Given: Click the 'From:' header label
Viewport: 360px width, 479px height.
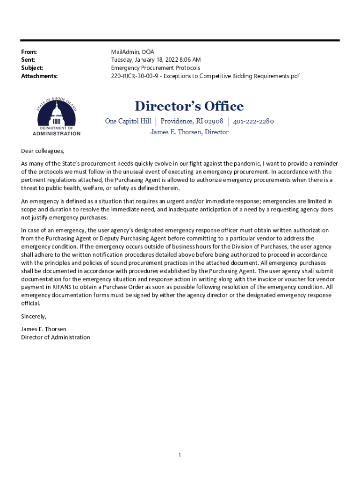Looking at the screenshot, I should (29, 52).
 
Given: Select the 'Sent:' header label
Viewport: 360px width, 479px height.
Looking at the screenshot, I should (28, 60).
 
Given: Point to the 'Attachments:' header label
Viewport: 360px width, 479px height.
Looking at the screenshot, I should (39, 76).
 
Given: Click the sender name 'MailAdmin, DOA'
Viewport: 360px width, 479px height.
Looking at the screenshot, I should (132, 52).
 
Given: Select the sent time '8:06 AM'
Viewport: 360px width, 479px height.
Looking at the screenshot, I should (189, 60).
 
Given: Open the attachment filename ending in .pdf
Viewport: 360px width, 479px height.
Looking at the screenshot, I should (205, 76).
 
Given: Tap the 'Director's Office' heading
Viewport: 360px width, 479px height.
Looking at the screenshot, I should (189, 107).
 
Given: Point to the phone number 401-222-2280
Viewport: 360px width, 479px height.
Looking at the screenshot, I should (253, 122).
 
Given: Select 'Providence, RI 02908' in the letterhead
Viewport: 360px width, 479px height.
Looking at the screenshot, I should (192, 122).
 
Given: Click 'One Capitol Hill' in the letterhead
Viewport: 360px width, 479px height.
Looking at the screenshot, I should (128, 122).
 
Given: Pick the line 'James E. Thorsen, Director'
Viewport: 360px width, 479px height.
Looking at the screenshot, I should (189, 132).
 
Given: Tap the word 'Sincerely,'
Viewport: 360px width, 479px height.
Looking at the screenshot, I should (34, 316).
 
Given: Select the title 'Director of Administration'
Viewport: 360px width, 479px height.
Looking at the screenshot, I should (56, 337).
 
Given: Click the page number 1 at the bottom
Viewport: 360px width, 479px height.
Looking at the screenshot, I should (180, 454).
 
